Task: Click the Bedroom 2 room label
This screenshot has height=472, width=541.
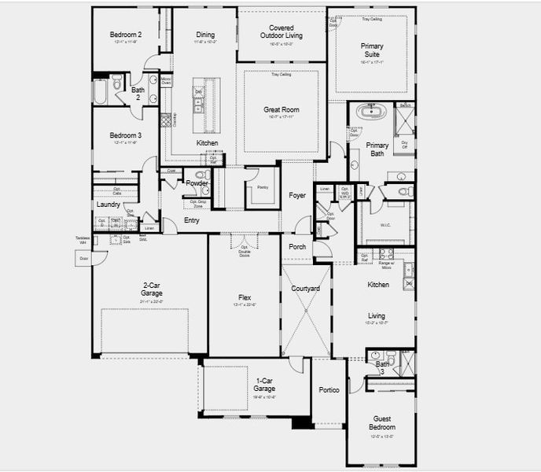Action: [126, 35]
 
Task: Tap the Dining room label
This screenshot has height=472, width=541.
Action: [205, 35]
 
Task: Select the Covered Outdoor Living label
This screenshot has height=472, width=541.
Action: [282, 31]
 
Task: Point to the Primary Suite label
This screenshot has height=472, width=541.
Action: [372, 50]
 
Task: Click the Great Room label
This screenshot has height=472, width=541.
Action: [281, 111]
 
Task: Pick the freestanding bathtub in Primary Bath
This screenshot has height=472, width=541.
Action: [371, 111]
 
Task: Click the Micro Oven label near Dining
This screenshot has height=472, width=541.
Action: [166, 81]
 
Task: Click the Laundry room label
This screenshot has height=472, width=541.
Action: [108, 205]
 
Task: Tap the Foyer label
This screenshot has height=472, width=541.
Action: [297, 195]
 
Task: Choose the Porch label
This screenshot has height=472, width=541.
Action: [297, 246]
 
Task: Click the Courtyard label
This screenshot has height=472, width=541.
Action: [305, 289]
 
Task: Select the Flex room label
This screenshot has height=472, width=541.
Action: [245, 298]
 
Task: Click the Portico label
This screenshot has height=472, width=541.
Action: [329, 390]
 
